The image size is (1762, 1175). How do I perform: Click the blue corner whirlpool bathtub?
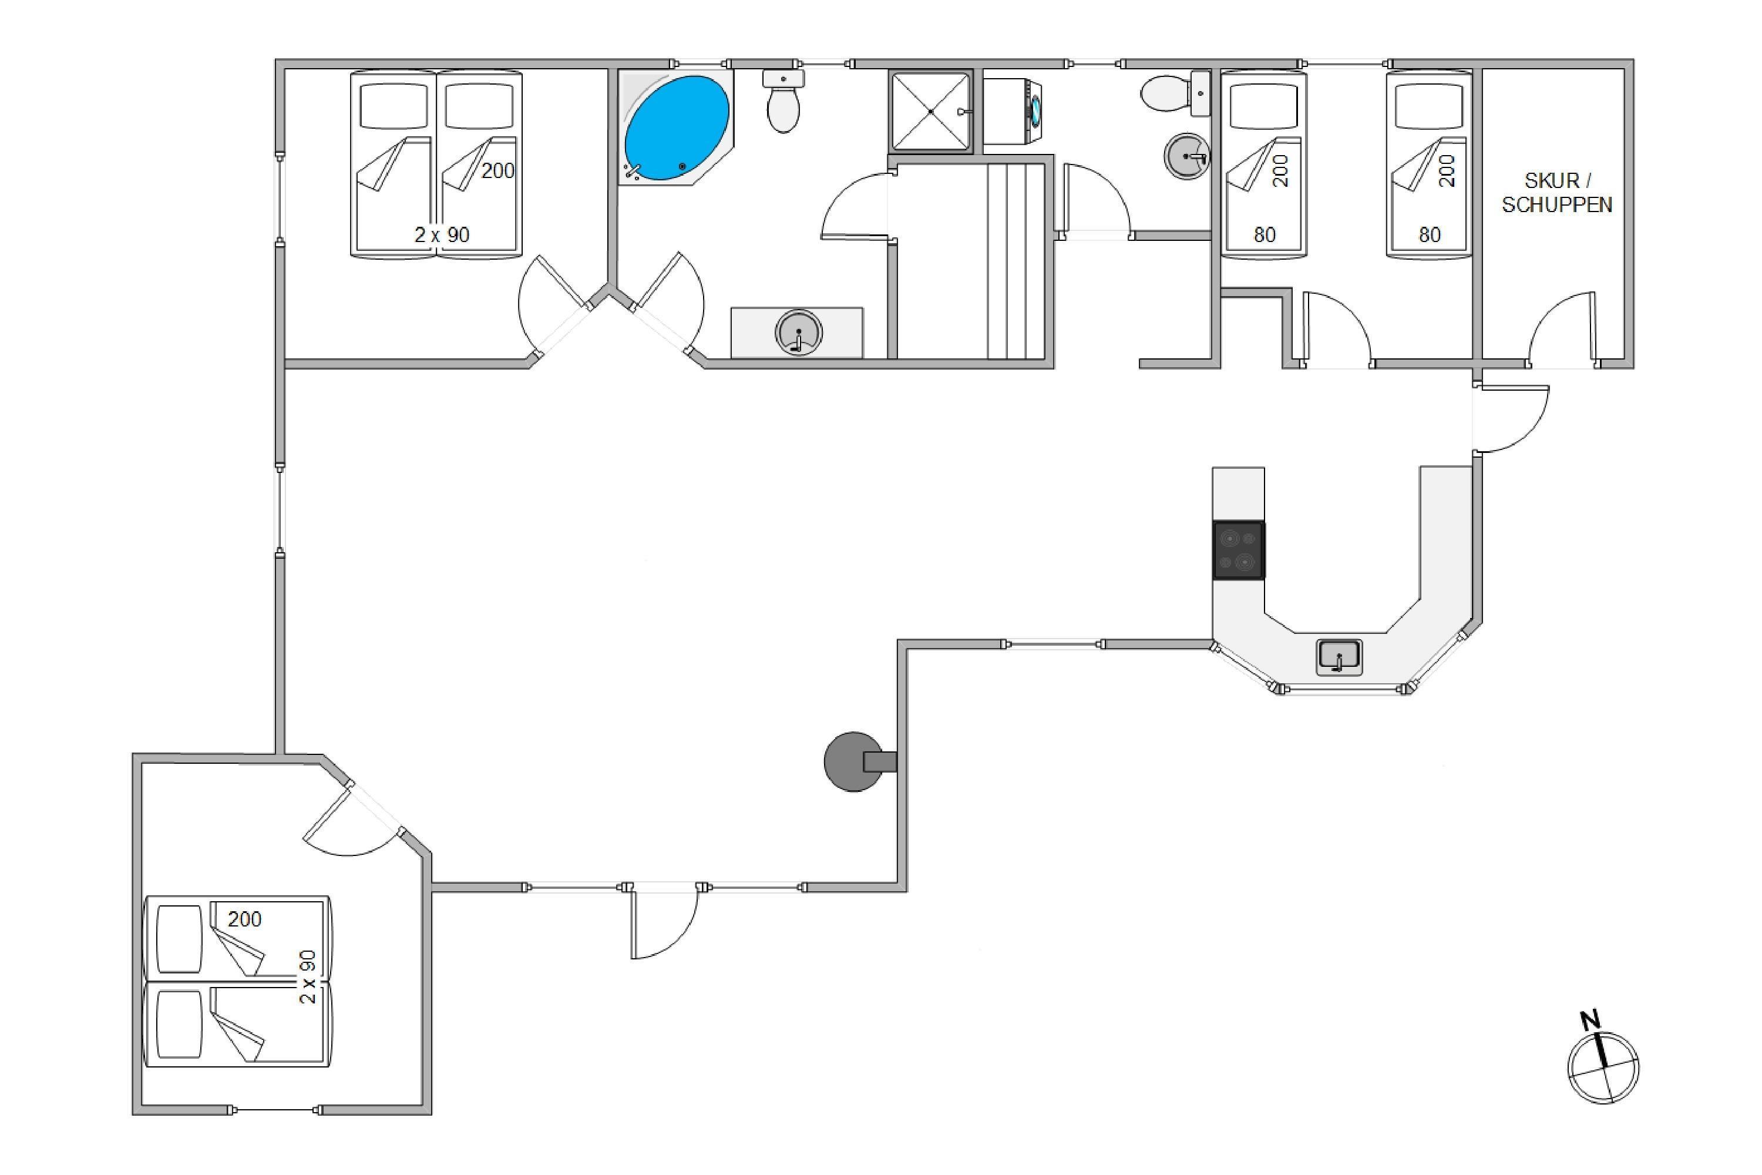676,128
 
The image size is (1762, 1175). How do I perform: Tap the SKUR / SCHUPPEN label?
1557,193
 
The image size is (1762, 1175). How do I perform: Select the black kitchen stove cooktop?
1238,550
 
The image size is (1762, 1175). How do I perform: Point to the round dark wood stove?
854,761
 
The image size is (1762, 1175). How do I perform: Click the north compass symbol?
1603,1068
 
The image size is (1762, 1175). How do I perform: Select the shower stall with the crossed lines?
930,112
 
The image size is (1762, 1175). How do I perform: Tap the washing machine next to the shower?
1012,112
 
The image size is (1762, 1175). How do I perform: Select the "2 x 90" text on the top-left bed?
442,234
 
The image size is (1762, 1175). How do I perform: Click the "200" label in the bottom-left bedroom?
244,919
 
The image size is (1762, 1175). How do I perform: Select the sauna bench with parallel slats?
1015,261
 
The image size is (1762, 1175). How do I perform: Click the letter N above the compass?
1590,1020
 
